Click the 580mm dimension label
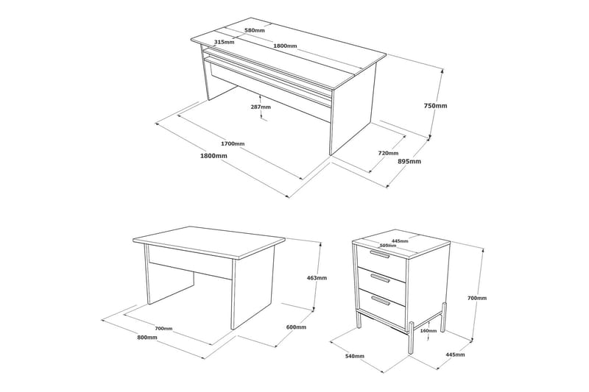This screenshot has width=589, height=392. click(254, 30)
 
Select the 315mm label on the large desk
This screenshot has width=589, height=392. click(224, 42)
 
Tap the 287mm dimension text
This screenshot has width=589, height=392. click(261, 107)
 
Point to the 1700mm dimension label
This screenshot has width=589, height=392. click(233, 143)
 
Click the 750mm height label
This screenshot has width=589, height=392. click(435, 106)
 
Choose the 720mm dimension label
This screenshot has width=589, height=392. click(388, 153)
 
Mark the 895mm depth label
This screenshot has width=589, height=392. click(409, 161)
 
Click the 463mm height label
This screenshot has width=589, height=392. click(317, 278)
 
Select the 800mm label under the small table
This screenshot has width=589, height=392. click(147, 338)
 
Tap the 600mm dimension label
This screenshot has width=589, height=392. click(296, 327)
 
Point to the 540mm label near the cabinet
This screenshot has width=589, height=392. click(354, 356)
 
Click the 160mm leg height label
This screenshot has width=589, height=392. click(428, 331)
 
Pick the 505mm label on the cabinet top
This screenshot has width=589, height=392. click(388, 246)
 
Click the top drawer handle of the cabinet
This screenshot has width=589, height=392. click(379, 254)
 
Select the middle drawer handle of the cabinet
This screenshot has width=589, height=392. click(381, 278)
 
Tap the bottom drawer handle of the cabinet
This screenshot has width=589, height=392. click(381, 300)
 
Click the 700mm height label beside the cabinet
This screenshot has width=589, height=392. click(477, 298)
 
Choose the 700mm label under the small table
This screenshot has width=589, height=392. click(163, 329)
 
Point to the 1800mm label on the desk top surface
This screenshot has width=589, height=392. click(285, 46)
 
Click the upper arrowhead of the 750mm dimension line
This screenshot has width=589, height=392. click(442, 70)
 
